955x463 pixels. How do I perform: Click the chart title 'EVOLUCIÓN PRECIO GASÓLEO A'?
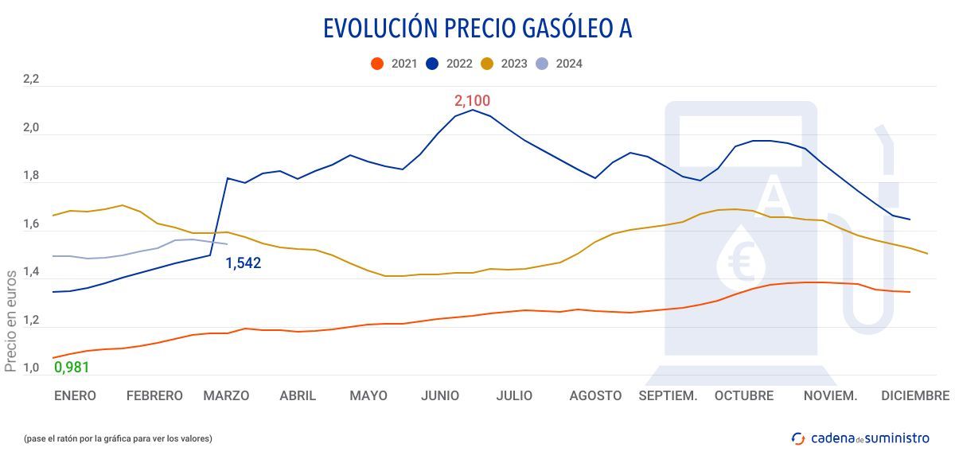477,28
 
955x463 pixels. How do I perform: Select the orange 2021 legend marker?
378,64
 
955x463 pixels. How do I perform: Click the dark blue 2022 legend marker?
434,64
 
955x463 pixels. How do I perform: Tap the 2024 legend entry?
559,64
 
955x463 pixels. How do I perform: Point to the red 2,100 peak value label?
472,101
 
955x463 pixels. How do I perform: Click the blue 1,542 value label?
243,263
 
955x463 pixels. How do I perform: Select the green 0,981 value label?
72,367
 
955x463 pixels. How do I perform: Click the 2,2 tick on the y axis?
30,79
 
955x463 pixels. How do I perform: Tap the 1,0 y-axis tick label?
30,368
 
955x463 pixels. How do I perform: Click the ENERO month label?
75,395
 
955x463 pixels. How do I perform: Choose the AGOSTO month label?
595,395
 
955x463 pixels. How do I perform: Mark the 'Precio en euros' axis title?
11,321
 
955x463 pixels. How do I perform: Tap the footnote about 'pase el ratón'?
117,438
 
